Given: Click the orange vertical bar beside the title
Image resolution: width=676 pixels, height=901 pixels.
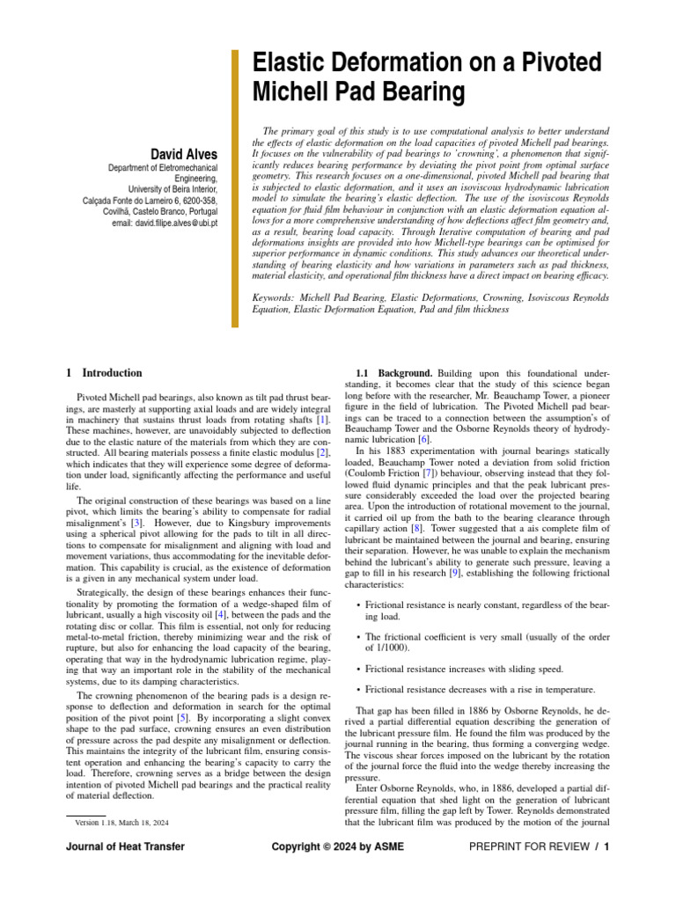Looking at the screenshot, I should [x=235, y=188].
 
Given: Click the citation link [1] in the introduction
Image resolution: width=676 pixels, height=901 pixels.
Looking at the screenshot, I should [x=323, y=422].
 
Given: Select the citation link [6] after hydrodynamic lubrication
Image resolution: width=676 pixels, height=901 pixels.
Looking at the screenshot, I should [x=424, y=438].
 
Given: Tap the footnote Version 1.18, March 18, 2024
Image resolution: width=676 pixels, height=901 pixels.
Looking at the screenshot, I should [x=122, y=822].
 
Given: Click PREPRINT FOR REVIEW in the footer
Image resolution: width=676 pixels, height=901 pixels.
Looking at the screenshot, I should [x=526, y=846].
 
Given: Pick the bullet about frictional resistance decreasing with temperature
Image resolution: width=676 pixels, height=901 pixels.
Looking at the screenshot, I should [x=479, y=690].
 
